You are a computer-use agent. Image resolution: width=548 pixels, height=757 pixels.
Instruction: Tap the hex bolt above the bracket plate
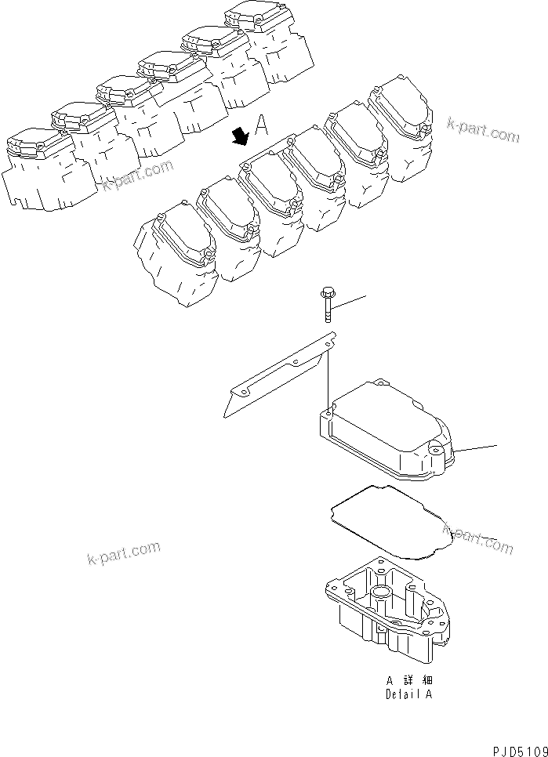(325, 306)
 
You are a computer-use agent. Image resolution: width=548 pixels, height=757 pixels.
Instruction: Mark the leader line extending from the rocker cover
(477, 449)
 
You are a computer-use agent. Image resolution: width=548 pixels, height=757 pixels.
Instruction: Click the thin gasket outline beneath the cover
(384, 521)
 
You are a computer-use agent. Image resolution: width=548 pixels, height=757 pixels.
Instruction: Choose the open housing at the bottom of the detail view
(388, 607)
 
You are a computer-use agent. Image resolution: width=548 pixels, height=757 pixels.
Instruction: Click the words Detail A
(408, 694)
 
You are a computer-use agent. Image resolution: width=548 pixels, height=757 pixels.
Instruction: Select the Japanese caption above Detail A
(408, 681)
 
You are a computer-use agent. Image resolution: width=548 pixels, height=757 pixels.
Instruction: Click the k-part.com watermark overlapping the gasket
(478, 539)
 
